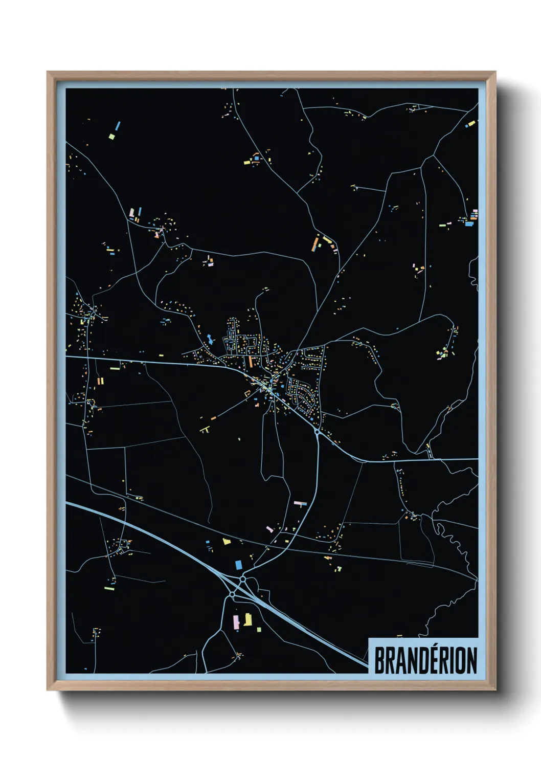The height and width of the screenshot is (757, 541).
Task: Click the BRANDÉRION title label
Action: [425, 660]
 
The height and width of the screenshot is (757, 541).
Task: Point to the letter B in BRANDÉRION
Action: [380, 661]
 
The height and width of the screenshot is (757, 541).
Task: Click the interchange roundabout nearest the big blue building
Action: [243, 579]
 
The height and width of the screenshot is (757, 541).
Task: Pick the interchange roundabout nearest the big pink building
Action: [232, 595]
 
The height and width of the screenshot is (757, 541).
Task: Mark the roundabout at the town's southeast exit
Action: [318, 433]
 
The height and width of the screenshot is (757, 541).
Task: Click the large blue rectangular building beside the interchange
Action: [238, 564]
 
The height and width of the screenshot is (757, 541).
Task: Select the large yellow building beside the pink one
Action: [248, 619]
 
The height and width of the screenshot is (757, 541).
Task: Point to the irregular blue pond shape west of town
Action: [210, 339]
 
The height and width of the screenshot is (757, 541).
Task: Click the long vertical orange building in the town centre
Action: [251, 361]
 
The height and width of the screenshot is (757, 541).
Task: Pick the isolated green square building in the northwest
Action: [111, 137]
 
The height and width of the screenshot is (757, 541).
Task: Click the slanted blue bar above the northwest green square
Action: [118, 125]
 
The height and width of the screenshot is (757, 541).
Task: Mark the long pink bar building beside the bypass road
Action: [299, 503]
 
